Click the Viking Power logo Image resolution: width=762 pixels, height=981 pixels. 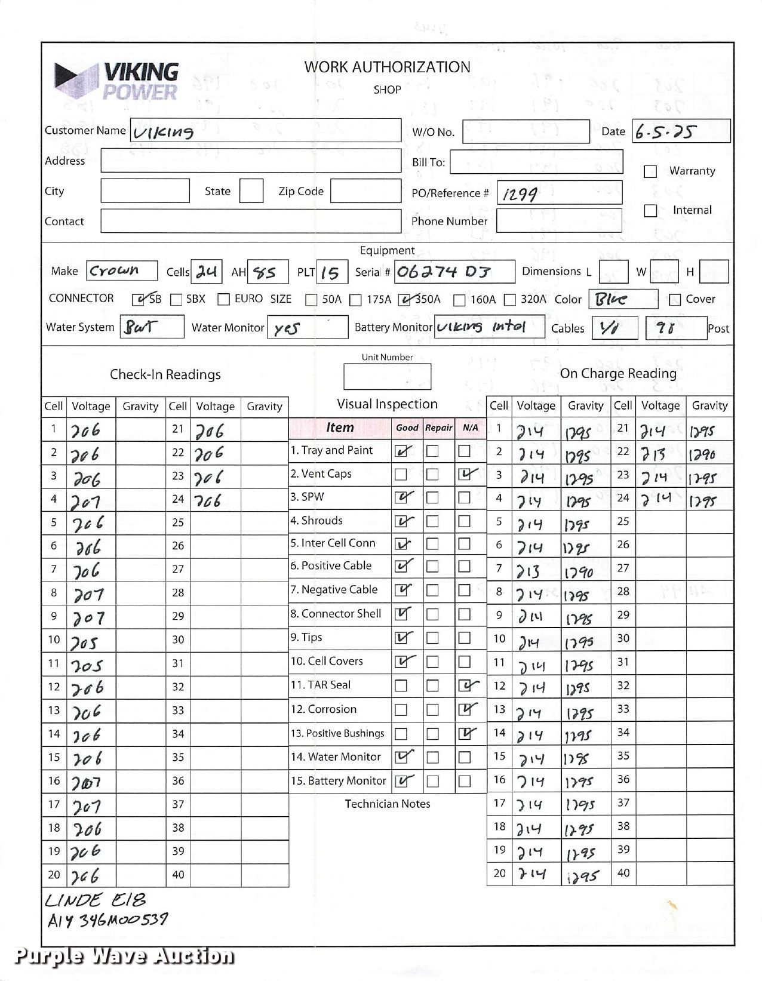pos(117,81)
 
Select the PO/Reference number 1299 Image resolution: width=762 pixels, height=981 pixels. pos(520,194)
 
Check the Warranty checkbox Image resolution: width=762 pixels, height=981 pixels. pos(650,171)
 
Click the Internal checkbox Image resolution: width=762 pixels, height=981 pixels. pos(650,211)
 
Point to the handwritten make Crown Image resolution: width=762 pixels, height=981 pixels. pos(114,270)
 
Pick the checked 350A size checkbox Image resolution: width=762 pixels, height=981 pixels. pos(406,300)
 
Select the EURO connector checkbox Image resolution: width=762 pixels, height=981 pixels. pos(224,300)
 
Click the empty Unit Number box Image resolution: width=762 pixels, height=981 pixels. pos(387,377)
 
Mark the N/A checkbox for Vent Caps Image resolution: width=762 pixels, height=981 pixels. pos(465,475)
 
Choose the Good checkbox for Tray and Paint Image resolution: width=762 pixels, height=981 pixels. pos(401,451)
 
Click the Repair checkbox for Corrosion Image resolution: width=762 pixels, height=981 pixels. pos(433,710)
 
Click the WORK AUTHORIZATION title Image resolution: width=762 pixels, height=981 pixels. pos(387,67)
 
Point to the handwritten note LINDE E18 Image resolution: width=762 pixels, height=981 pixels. pos(96,900)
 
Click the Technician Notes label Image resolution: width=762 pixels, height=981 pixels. pos(387,804)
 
